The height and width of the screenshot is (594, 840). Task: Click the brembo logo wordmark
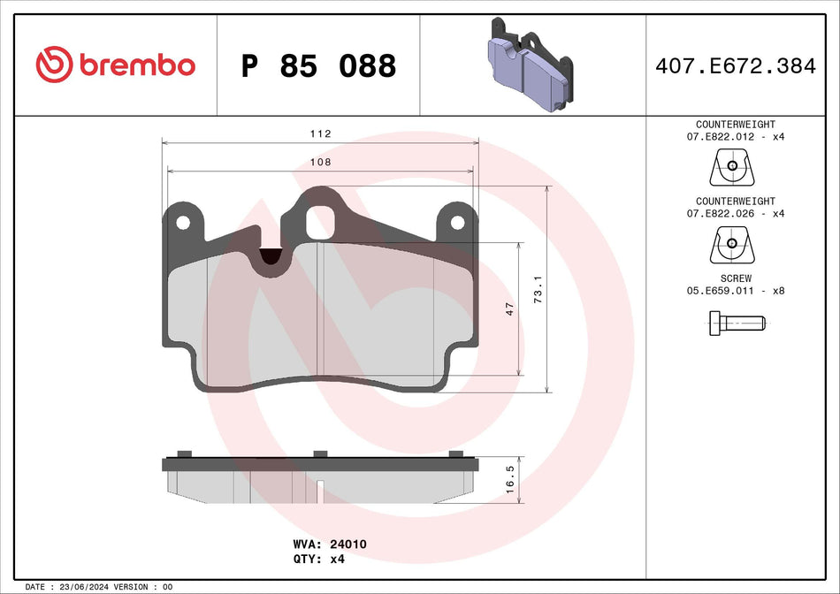point(116,65)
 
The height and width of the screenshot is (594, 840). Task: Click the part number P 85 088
point(318,65)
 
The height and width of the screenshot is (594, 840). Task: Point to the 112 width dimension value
point(320,133)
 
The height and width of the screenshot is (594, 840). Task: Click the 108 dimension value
point(320,162)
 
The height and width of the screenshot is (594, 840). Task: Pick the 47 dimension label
point(509,309)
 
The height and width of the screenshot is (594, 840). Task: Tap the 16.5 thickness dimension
point(509,478)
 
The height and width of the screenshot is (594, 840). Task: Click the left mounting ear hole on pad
point(183,223)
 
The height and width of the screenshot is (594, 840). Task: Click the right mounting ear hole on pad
point(457,223)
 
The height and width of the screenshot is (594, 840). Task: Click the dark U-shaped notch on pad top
point(271,256)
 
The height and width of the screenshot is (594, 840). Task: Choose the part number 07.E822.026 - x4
point(735,213)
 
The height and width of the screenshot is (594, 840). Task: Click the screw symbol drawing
point(735,323)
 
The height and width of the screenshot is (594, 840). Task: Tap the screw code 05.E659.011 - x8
point(735,290)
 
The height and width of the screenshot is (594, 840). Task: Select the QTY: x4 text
point(317,560)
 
